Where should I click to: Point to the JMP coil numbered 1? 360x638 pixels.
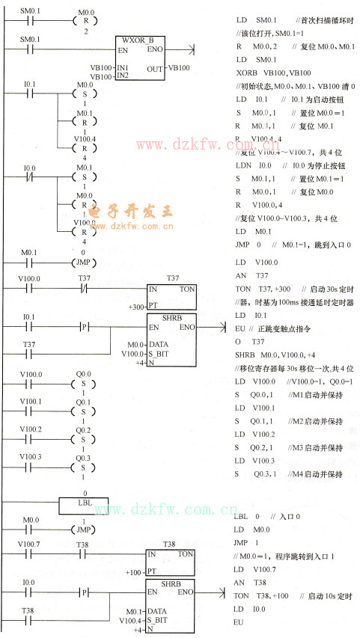85,528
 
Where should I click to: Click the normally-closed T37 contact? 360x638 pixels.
85,287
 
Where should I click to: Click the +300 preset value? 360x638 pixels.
137,307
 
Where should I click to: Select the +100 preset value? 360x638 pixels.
135,571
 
